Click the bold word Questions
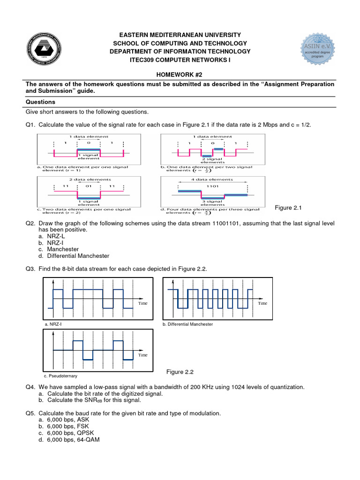pyautogui.click(x=40, y=102)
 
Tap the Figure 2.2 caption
pyautogui.click(x=180, y=372)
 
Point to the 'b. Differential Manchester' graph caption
pyautogui.click(x=187, y=324)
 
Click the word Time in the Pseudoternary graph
pyautogui.click(x=142, y=355)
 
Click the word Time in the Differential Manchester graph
pyautogui.click(x=262, y=303)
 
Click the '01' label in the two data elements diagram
pyautogui.click(x=88, y=186)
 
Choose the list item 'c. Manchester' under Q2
pyautogui.click(x=59, y=249)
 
